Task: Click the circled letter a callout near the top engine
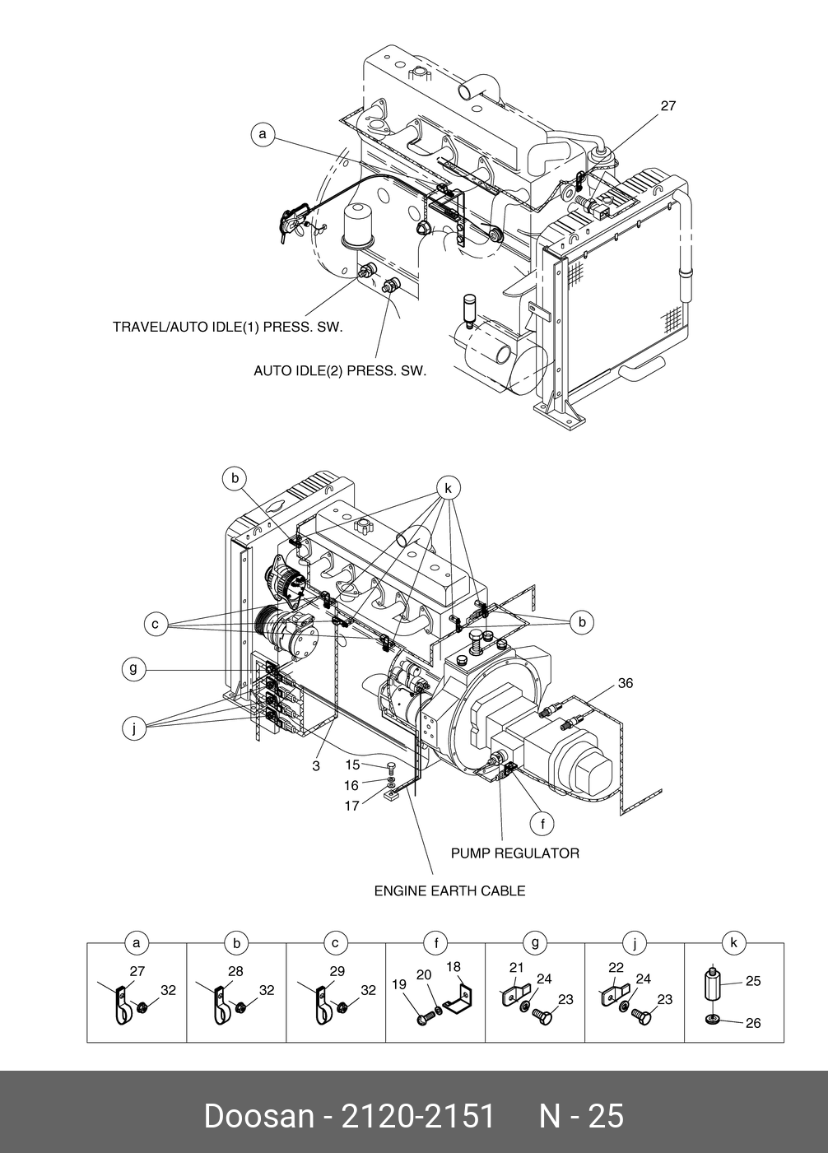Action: coord(263,135)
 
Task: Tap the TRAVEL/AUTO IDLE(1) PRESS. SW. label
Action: coord(228,328)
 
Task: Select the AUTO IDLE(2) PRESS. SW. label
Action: coord(341,370)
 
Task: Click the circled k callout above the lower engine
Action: coord(448,488)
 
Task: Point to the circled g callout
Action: coord(134,668)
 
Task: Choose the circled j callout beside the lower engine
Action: coord(134,729)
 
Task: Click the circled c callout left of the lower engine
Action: coord(156,625)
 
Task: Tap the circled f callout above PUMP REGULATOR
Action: coord(542,824)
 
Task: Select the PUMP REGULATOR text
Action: coord(515,853)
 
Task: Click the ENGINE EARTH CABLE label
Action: coord(449,891)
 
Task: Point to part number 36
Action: coord(626,683)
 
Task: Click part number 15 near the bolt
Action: coord(352,765)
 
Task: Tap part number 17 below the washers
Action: coord(351,806)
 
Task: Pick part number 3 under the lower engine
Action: coord(316,766)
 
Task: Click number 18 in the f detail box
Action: coord(454,967)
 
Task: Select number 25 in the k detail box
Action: coord(753,981)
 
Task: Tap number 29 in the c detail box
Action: coord(337,971)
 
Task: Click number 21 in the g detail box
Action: coord(516,968)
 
